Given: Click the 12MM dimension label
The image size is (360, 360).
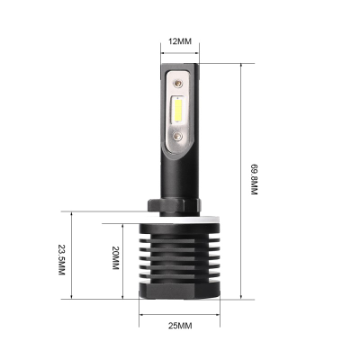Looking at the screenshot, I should [180, 40].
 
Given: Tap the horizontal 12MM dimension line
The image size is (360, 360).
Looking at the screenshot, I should [180, 54].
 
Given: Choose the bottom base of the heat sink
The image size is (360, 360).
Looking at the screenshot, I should [180, 294].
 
